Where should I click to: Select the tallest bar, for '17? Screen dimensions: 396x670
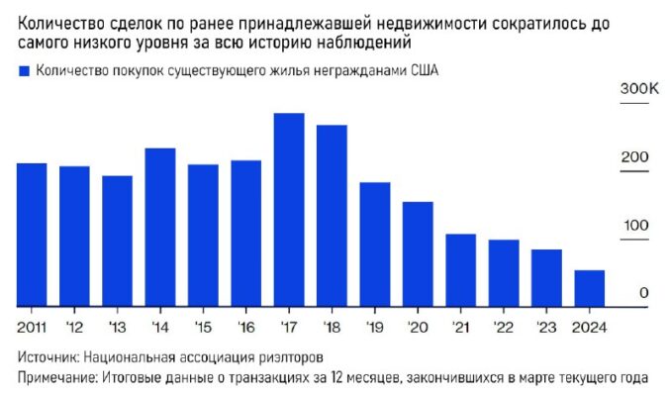coord(288,209)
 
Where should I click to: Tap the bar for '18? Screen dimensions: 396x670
coord(332,215)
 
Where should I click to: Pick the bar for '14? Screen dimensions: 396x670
coord(160,227)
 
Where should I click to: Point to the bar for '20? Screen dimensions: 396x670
coord(418,253)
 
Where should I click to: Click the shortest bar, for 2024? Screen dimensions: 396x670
coord(590,287)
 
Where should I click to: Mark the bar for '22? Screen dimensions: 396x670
coord(504,272)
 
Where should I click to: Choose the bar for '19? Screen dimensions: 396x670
coord(375,244)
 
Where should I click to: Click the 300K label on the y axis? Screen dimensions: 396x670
coord(639,90)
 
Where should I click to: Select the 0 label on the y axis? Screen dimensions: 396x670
coord(643,293)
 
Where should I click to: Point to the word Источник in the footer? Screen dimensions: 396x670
coord(50,356)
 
